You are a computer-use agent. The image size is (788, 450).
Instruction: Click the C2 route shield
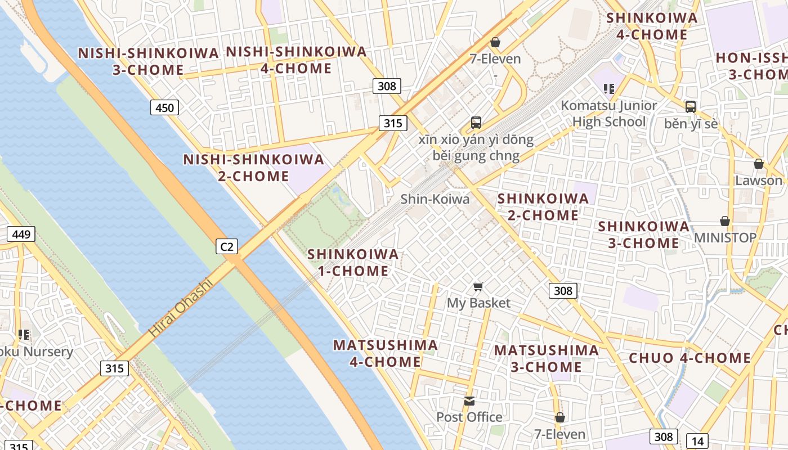point(227,246)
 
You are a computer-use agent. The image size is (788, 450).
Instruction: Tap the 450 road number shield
point(164,107)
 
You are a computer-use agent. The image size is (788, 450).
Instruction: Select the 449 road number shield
point(21,234)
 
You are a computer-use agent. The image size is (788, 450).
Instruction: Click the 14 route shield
point(697,441)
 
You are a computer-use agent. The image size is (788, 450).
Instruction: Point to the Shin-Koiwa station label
point(435,199)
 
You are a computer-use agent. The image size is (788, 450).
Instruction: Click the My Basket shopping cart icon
point(478,287)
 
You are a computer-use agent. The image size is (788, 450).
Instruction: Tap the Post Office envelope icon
point(469,401)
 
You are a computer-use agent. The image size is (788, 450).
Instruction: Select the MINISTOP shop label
point(725,237)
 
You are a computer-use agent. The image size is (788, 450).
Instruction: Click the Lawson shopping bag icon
point(759,164)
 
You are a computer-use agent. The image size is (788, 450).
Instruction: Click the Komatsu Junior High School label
point(609,114)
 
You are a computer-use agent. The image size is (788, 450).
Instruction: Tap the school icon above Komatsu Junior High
point(608,88)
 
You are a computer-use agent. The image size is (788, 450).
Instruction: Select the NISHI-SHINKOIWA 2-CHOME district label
point(254,168)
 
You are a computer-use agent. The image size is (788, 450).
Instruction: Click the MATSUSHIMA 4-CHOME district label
point(386,353)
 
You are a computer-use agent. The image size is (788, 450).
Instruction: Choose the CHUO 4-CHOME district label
point(689,358)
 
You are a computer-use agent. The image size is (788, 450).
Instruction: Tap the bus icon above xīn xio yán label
point(476,122)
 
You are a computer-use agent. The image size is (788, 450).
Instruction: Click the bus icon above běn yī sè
point(691,106)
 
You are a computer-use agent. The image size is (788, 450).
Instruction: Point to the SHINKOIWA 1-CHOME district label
point(353,263)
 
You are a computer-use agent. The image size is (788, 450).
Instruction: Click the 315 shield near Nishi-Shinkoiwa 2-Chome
point(392,123)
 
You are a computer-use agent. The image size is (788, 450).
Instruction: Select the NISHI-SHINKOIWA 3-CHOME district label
point(149,61)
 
